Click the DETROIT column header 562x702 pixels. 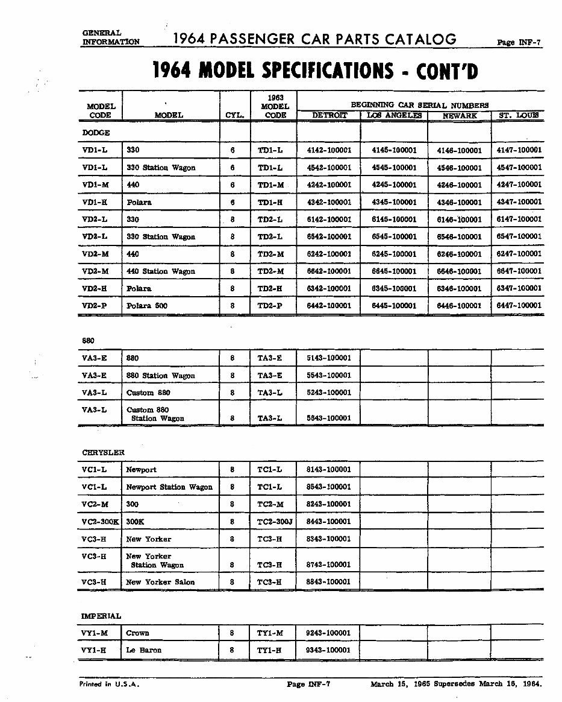tap(329, 115)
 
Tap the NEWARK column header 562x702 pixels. tap(460, 116)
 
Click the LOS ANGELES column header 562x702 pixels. tap(394, 115)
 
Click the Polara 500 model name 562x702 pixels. tap(147, 306)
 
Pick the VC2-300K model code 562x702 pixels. tap(100, 521)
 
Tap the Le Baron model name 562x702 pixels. tap(143, 650)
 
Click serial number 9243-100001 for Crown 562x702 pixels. tap(329, 633)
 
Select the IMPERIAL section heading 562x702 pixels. tap(101, 616)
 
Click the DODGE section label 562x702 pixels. tap(95, 133)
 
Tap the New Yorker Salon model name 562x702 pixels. tap(160, 582)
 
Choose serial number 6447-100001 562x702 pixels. tap(519, 306)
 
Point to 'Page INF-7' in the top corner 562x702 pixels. tap(519, 43)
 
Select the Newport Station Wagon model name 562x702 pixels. tap(169, 487)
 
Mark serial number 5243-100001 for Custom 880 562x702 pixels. tap(329, 393)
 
